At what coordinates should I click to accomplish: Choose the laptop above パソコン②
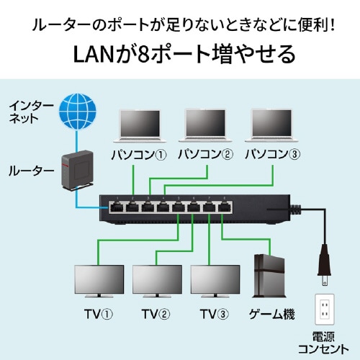pos(205,127)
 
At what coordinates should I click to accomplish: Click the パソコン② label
pos(205,155)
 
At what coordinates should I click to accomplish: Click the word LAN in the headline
pos(93,54)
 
